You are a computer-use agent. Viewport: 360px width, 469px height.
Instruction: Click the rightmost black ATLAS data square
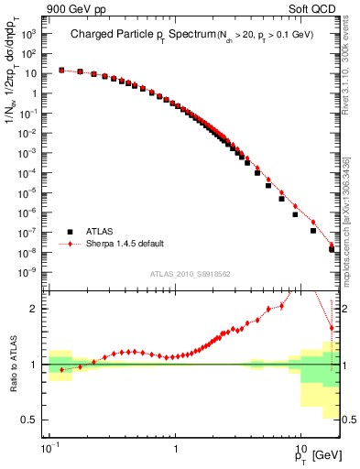point(333,249)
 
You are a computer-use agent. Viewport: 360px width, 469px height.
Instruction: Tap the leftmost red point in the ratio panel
point(61,370)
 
